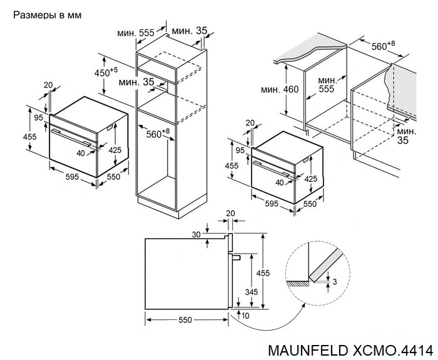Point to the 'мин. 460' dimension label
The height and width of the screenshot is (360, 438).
(280, 90)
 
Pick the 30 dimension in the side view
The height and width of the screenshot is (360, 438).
(196, 234)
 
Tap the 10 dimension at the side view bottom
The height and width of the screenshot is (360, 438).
(245, 316)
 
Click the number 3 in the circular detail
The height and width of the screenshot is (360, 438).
(335, 282)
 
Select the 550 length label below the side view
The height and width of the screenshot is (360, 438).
(184, 319)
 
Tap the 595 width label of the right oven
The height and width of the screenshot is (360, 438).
(270, 204)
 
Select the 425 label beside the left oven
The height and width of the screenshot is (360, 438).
(115, 150)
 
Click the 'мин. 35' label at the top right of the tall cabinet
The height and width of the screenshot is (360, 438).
(190, 30)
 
